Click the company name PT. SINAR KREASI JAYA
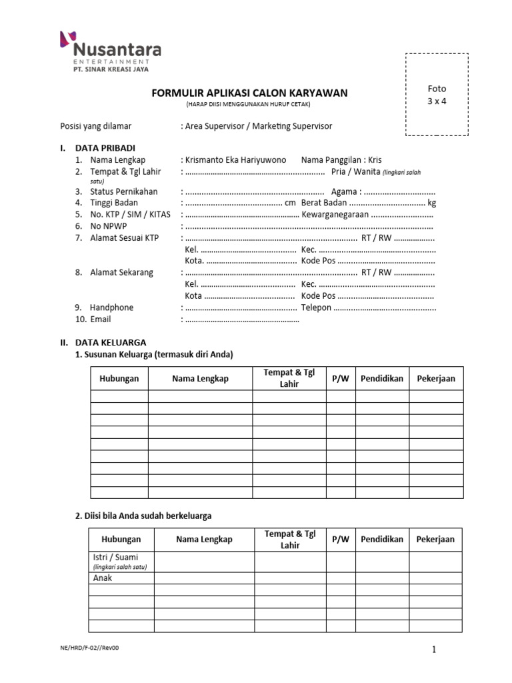pyautogui.click(x=111, y=69)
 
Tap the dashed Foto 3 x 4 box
pyautogui.click(x=437, y=95)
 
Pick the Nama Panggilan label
pyautogui.click(x=331, y=160)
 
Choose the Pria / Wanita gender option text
pyautogui.click(x=355, y=171)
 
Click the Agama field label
pyautogui.click(x=344, y=191)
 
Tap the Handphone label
pyautogui.click(x=111, y=307)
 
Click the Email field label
pyautogui.click(x=101, y=319)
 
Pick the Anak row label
pyautogui.click(x=102, y=578)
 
